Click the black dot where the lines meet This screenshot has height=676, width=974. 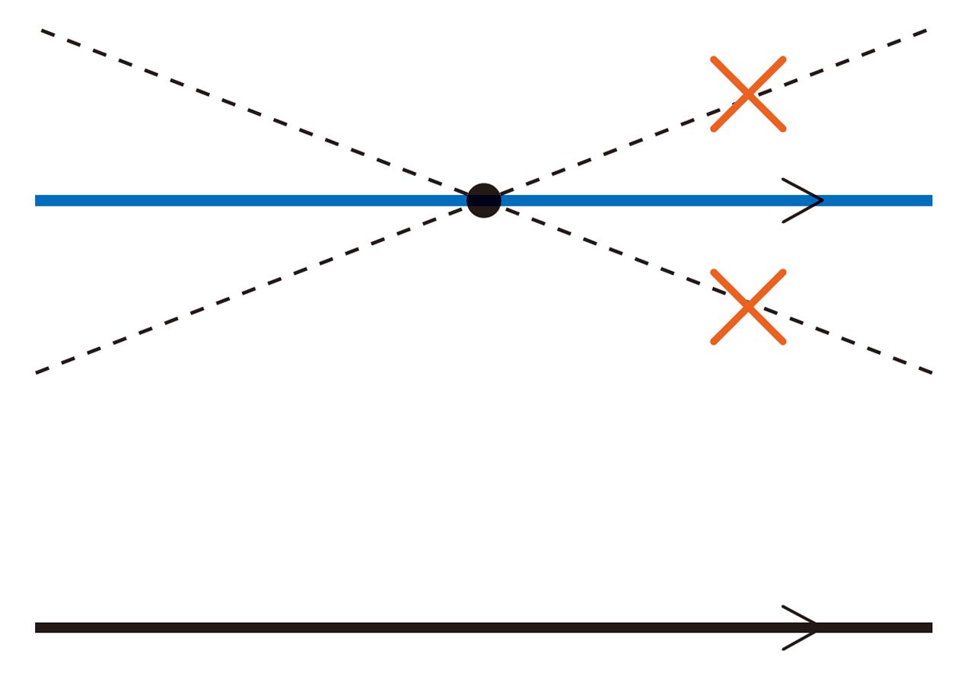click(484, 201)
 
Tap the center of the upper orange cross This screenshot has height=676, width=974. click(748, 94)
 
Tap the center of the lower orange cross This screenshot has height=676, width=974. click(748, 307)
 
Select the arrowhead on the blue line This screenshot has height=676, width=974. click(820, 201)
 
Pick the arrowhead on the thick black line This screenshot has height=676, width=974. click(816, 628)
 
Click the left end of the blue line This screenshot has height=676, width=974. click(37, 201)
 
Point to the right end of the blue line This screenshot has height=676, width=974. click(931, 201)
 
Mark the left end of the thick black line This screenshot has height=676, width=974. click(37, 628)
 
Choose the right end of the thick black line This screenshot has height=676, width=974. click(931, 628)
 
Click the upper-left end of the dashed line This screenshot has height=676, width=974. click(43, 31)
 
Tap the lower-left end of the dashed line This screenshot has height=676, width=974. click(37, 372)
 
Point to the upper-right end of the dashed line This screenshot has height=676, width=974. click(925, 30)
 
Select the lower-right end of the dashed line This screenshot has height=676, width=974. click(931, 372)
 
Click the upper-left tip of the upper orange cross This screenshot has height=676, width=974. click(714, 59)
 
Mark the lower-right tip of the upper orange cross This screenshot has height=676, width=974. click(783, 129)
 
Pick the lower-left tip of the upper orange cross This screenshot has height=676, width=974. click(714, 129)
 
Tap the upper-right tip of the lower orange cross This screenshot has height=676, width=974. click(783, 272)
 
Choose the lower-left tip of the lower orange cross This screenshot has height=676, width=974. click(714, 342)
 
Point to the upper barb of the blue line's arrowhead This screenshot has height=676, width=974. click(784, 180)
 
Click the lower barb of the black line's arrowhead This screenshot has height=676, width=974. click(784, 649)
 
